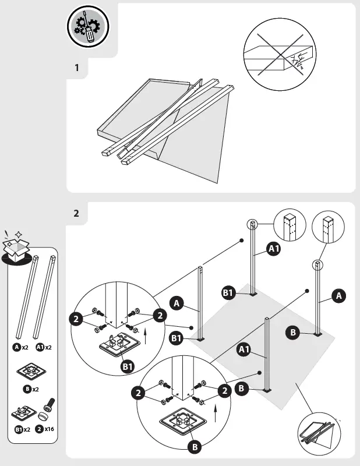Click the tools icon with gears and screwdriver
click(x=89, y=27)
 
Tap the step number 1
click(x=76, y=68)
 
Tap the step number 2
click(x=76, y=213)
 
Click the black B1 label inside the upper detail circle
click(x=128, y=366)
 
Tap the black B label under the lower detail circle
click(x=195, y=447)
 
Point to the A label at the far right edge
click(x=338, y=296)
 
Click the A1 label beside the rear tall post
click(x=274, y=250)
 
